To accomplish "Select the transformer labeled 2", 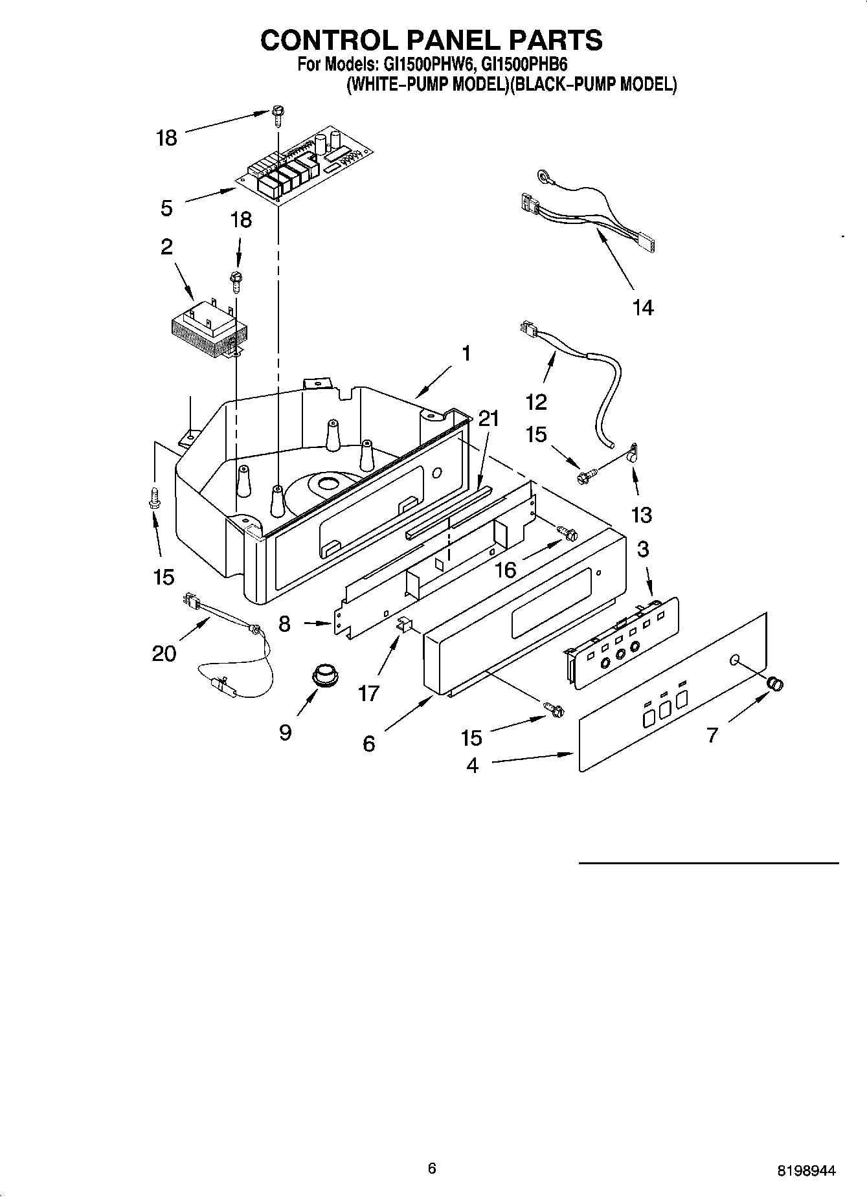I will [204, 330].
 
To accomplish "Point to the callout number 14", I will [643, 308].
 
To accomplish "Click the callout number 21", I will [489, 419].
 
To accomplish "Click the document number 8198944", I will [806, 1170].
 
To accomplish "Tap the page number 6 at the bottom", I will [432, 1167].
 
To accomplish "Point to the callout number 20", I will [164, 653].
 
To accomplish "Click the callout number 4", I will [472, 765].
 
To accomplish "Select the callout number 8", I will [285, 624].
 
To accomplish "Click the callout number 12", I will [536, 402].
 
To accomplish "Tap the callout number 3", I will [642, 549].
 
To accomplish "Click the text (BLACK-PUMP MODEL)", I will [593, 85].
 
